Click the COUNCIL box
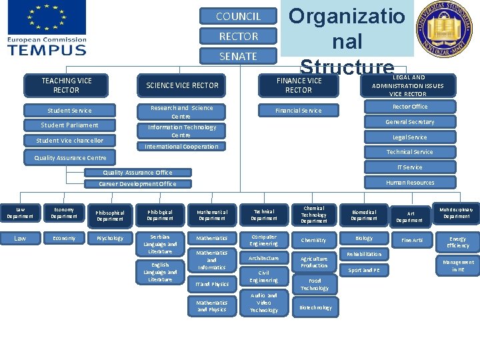(x=239, y=16)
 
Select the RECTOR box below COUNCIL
(x=239, y=36)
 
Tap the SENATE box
(x=239, y=56)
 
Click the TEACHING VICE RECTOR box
(x=67, y=85)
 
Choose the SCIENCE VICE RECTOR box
(x=182, y=85)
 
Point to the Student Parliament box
(x=69, y=125)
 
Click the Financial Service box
(x=299, y=111)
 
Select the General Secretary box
(x=409, y=122)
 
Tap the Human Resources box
(x=409, y=183)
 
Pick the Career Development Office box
(x=137, y=184)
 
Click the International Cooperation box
(x=182, y=146)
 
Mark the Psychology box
(x=109, y=238)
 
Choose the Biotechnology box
(x=315, y=307)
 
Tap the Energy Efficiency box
(x=457, y=242)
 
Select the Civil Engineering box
(x=264, y=276)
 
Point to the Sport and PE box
(x=364, y=270)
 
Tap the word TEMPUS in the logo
(x=47, y=49)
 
